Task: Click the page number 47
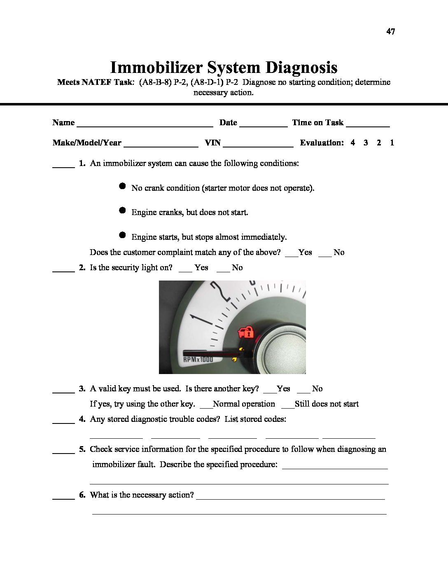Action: pos(390,31)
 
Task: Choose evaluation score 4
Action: pos(352,143)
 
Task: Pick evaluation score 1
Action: pos(392,143)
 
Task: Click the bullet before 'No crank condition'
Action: pos(122,186)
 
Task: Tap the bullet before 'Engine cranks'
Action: pos(122,210)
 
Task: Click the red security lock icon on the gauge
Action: pos(246,332)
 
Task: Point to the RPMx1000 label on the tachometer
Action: pos(198,359)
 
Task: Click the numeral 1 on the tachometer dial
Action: pos(198,320)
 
